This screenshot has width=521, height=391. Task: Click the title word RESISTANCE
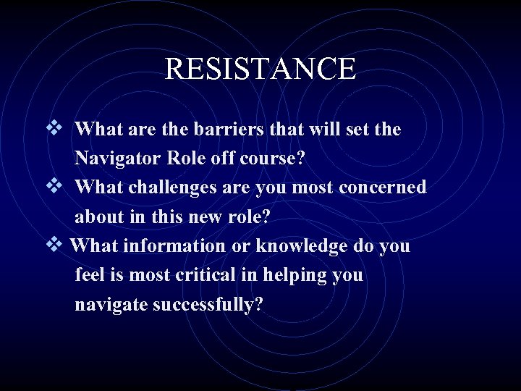coord(260,69)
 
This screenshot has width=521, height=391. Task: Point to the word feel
coord(90,276)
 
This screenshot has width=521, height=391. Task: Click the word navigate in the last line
coord(111,306)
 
